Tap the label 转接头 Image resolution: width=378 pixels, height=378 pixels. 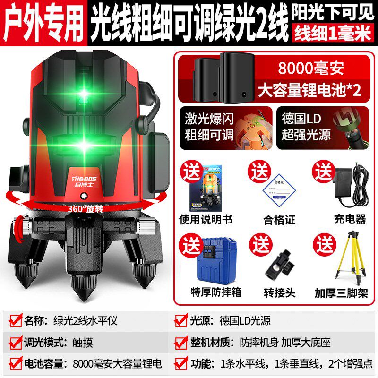tap(279, 292)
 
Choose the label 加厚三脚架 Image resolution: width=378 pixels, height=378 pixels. tap(341, 292)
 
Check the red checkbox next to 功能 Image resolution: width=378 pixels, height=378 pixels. tap(181, 364)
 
